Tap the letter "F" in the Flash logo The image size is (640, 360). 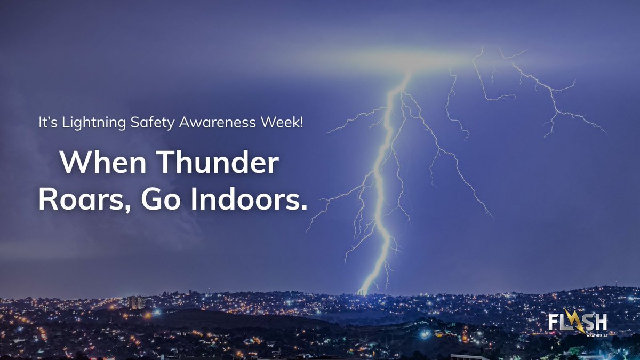(553, 323)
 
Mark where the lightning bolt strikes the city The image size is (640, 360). (363, 292)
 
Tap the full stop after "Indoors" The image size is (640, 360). (305, 207)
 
